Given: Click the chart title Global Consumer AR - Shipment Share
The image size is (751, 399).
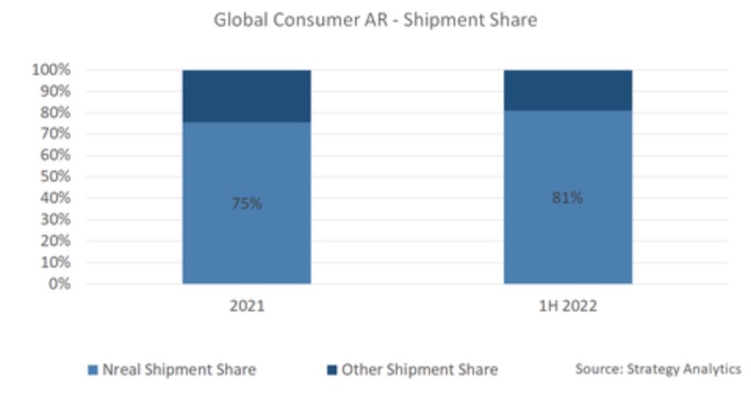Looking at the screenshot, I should (375, 20).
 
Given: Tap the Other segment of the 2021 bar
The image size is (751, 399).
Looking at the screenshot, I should (246, 95).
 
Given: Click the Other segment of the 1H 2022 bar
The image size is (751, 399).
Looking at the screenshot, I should (568, 90).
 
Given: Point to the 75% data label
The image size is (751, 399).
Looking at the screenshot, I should (246, 203).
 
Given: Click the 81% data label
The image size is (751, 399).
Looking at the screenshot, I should (568, 197).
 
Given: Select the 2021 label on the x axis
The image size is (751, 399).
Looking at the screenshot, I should (246, 306).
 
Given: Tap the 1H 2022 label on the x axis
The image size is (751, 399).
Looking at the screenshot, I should (568, 306).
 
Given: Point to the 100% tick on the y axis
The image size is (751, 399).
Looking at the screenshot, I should (51, 70).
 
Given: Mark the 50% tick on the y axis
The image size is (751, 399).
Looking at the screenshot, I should (54, 176).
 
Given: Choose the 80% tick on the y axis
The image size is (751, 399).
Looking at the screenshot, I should (54, 112).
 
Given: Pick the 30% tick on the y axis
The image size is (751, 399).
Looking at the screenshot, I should (54, 219).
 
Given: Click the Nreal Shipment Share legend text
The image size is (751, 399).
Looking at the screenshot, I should (179, 369).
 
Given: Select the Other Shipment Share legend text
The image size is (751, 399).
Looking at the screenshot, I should (420, 369).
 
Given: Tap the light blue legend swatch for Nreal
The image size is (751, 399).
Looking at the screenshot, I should (92, 370).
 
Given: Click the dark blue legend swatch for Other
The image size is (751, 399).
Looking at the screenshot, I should (331, 370).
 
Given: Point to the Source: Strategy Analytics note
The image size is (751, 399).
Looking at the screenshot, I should (658, 368).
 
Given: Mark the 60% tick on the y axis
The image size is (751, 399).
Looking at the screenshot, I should (54, 155).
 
